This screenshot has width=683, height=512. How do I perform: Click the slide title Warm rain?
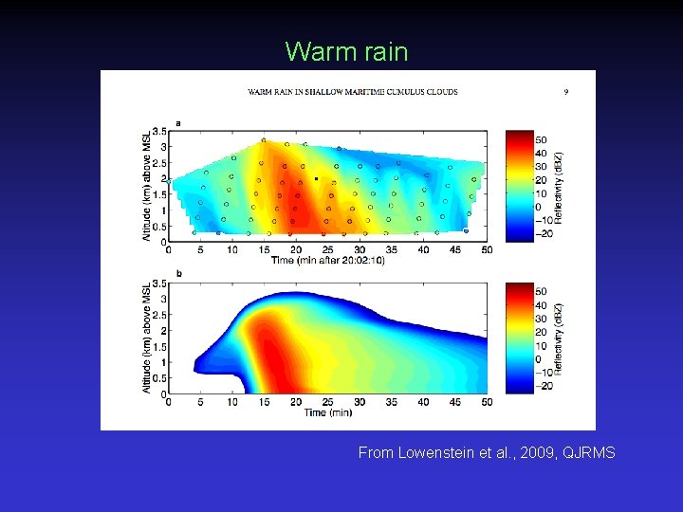click(346, 51)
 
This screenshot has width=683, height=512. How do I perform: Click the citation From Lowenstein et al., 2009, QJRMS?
click(487, 453)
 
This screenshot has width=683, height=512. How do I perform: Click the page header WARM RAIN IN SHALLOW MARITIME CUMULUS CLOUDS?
click(353, 92)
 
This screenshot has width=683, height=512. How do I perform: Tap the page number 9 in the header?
click(566, 92)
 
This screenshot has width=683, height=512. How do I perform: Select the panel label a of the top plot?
click(178, 122)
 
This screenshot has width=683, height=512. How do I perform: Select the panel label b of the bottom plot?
click(178, 274)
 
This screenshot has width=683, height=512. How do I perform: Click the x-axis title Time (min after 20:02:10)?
click(327, 261)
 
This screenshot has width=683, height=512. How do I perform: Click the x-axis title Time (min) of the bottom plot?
click(327, 412)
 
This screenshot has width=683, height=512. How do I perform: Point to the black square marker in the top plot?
click(316, 178)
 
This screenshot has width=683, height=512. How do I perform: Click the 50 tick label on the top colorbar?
click(541, 139)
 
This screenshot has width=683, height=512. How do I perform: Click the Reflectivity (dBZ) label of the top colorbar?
click(560, 186)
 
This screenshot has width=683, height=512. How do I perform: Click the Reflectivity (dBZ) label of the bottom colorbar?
click(560, 338)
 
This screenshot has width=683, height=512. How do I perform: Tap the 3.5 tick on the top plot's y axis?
click(159, 131)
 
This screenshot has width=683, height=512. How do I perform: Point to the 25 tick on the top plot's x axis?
click(327, 250)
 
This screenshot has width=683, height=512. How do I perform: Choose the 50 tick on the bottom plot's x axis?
click(487, 402)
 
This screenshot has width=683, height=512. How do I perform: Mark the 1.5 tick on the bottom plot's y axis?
click(159, 347)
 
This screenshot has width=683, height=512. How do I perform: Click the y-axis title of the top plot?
click(147, 186)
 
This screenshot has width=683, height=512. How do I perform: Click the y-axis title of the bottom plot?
click(147, 338)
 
